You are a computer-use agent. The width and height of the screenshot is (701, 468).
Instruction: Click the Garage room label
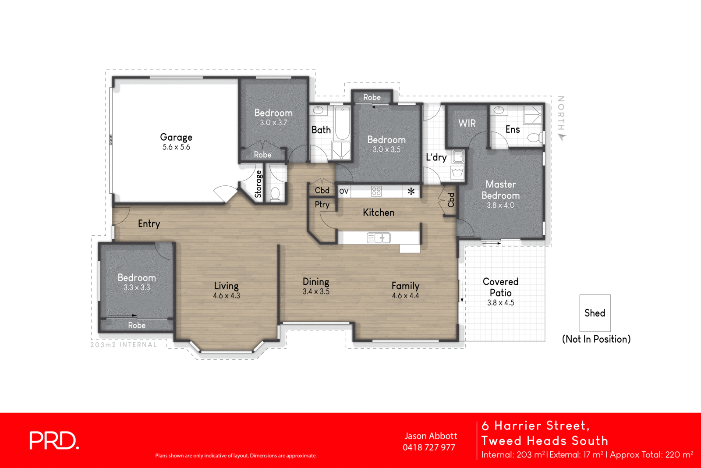[176, 137]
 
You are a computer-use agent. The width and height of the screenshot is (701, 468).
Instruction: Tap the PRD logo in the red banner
[54, 440]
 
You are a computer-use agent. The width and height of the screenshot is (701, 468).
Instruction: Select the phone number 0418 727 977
[429, 447]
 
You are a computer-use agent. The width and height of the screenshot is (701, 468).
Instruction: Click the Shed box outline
[595, 313]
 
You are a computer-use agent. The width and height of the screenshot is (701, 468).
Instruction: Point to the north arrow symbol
[562, 137]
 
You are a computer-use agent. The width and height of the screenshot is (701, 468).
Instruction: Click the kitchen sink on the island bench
[379, 238]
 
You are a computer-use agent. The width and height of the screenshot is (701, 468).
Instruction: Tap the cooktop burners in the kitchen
[376, 191]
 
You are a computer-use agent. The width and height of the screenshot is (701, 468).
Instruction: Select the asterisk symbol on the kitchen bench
[411, 191]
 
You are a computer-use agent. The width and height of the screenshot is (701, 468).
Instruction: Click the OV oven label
[344, 191]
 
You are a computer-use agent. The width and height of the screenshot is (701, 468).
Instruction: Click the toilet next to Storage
[275, 193]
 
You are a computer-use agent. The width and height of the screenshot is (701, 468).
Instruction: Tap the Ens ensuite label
[513, 130]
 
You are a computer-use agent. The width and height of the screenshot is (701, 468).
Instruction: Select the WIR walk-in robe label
[467, 124]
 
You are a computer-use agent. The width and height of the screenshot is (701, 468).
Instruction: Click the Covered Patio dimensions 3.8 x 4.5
[500, 303]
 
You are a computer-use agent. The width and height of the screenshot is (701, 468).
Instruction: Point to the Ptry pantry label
[322, 205]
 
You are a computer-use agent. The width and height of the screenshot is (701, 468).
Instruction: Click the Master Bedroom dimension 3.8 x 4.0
[500, 205]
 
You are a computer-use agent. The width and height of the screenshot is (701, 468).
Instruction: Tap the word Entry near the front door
[149, 224]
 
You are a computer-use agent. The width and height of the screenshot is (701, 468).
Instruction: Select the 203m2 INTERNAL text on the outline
[124, 345]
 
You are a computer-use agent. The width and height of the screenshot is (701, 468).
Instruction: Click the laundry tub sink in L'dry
[458, 156]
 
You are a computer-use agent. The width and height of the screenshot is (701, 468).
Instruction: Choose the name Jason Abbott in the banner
[431, 436]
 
